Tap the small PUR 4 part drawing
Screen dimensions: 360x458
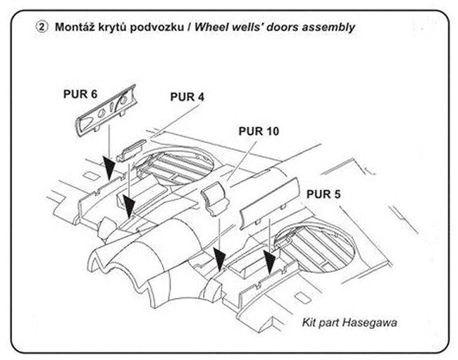(132, 150)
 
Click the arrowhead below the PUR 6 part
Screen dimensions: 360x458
(108, 169)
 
